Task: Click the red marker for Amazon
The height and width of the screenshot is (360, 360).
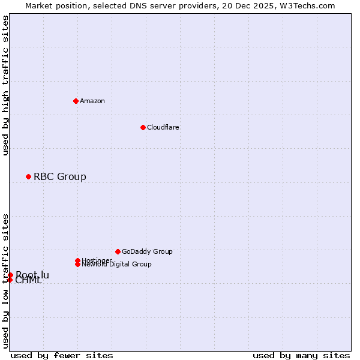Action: pos(76,101)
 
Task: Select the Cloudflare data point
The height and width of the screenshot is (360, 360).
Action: pos(143,127)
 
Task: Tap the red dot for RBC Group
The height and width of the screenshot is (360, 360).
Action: pos(28,176)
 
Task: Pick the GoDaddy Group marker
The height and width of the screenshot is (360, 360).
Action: pos(118,251)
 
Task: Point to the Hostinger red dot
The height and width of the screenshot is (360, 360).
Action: pos(77,260)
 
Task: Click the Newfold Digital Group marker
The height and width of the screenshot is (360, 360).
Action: pos(77,264)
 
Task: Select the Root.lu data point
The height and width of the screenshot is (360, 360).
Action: pos(10,275)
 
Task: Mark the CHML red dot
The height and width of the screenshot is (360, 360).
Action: pos(10,280)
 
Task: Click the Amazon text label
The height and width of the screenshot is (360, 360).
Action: pos(92,101)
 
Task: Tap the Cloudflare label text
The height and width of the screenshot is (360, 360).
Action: pos(163,127)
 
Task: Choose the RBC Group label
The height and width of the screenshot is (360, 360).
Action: pos(60,176)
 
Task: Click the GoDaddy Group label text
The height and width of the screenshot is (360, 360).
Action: pos(147,251)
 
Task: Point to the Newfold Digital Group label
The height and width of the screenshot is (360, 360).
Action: pos(117,264)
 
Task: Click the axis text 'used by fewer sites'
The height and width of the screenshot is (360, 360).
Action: pos(62,355)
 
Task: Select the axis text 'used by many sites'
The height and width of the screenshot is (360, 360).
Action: pos(301,355)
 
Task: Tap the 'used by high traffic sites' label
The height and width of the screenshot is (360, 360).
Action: pos(6,85)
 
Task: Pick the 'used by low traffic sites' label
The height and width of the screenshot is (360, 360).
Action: pos(6,280)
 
